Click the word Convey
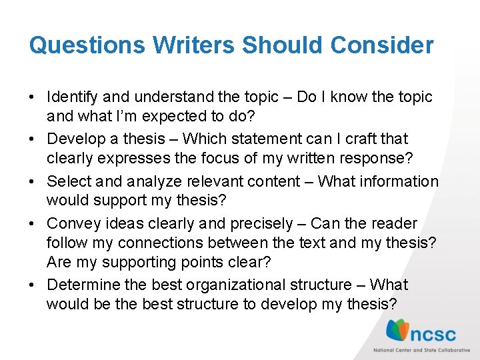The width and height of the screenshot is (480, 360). (73, 223)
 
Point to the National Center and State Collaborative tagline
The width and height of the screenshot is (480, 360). (421, 350)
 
